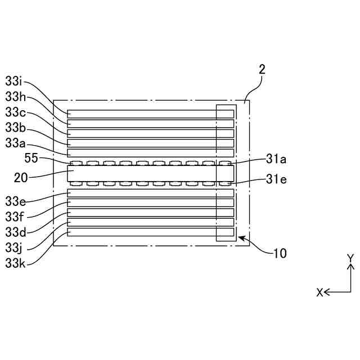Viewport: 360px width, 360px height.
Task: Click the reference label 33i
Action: click(15, 80)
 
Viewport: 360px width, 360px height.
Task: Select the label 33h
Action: click(15, 96)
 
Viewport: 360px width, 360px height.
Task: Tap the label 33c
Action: click(15, 112)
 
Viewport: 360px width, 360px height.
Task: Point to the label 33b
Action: click(15, 128)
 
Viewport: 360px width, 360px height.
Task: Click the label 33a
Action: click(15, 143)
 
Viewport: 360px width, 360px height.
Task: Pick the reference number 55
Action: click(31, 159)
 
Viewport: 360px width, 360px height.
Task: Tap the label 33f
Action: click(15, 216)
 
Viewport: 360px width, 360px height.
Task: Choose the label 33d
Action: click(15, 231)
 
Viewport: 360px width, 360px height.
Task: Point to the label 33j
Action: click(14, 247)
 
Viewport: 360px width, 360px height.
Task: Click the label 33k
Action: click(15, 263)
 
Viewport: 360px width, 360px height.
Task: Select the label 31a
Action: click(276, 160)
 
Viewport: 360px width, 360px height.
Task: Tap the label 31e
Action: click(276, 180)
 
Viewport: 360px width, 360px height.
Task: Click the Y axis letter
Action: click(350, 258)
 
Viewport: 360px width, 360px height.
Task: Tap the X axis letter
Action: click(319, 292)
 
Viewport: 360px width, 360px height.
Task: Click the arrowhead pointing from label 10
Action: click(241, 238)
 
